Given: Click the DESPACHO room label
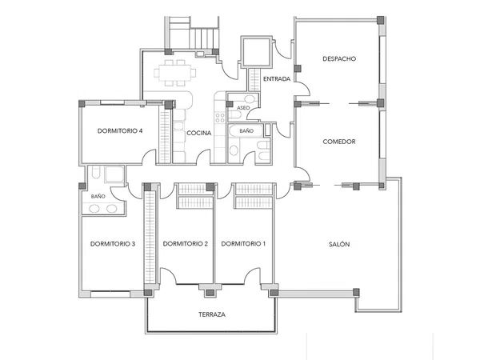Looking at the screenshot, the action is pyautogui.click(x=339, y=58).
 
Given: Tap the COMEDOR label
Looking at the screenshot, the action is pyautogui.click(x=339, y=142).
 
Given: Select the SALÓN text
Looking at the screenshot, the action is pyautogui.click(x=339, y=244).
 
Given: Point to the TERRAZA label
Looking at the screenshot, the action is pyautogui.click(x=212, y=314).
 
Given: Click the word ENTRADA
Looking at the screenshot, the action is pyautogui.click(x=277, y=79).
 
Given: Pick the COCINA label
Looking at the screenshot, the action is pyautogui.click(x=199, y=133).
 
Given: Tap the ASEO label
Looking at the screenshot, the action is pyautogui.click(x=243, y=108).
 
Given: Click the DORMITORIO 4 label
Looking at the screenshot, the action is pyautogui.click(x=120, y=130).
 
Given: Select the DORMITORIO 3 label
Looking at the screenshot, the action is pyautogui.click(x=113, y=244).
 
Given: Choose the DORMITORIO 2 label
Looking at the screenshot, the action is pyautogui.click(x=186, y=244).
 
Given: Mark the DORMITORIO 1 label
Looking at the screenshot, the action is pyautogui.click(x=243, y=244).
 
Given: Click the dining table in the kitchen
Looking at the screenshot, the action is pyautogui.click(x=174, y=73).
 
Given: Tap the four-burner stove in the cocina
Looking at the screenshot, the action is pyautogui.click(x=220, y=118).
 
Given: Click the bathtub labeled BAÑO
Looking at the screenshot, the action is pyautogui.click(x=246, y=130).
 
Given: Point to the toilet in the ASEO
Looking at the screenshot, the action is pyautogui.click(x=235, y=115).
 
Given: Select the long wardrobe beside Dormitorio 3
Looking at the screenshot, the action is pyautogui.click(x=150, y=237).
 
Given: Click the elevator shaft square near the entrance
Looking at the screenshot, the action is pyautogui.click(x=257, y=52).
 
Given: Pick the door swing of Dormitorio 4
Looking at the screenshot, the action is pyautogui.click(x=150, y=157).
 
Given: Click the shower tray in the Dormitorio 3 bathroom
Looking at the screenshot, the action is pyautogui.click(x=114, y=174).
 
